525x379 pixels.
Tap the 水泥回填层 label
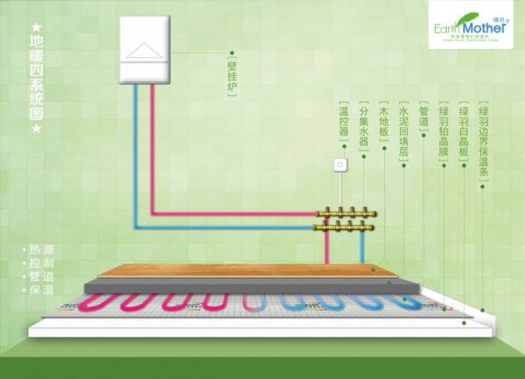[403, 131]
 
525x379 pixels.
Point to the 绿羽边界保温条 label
[484, 140]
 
